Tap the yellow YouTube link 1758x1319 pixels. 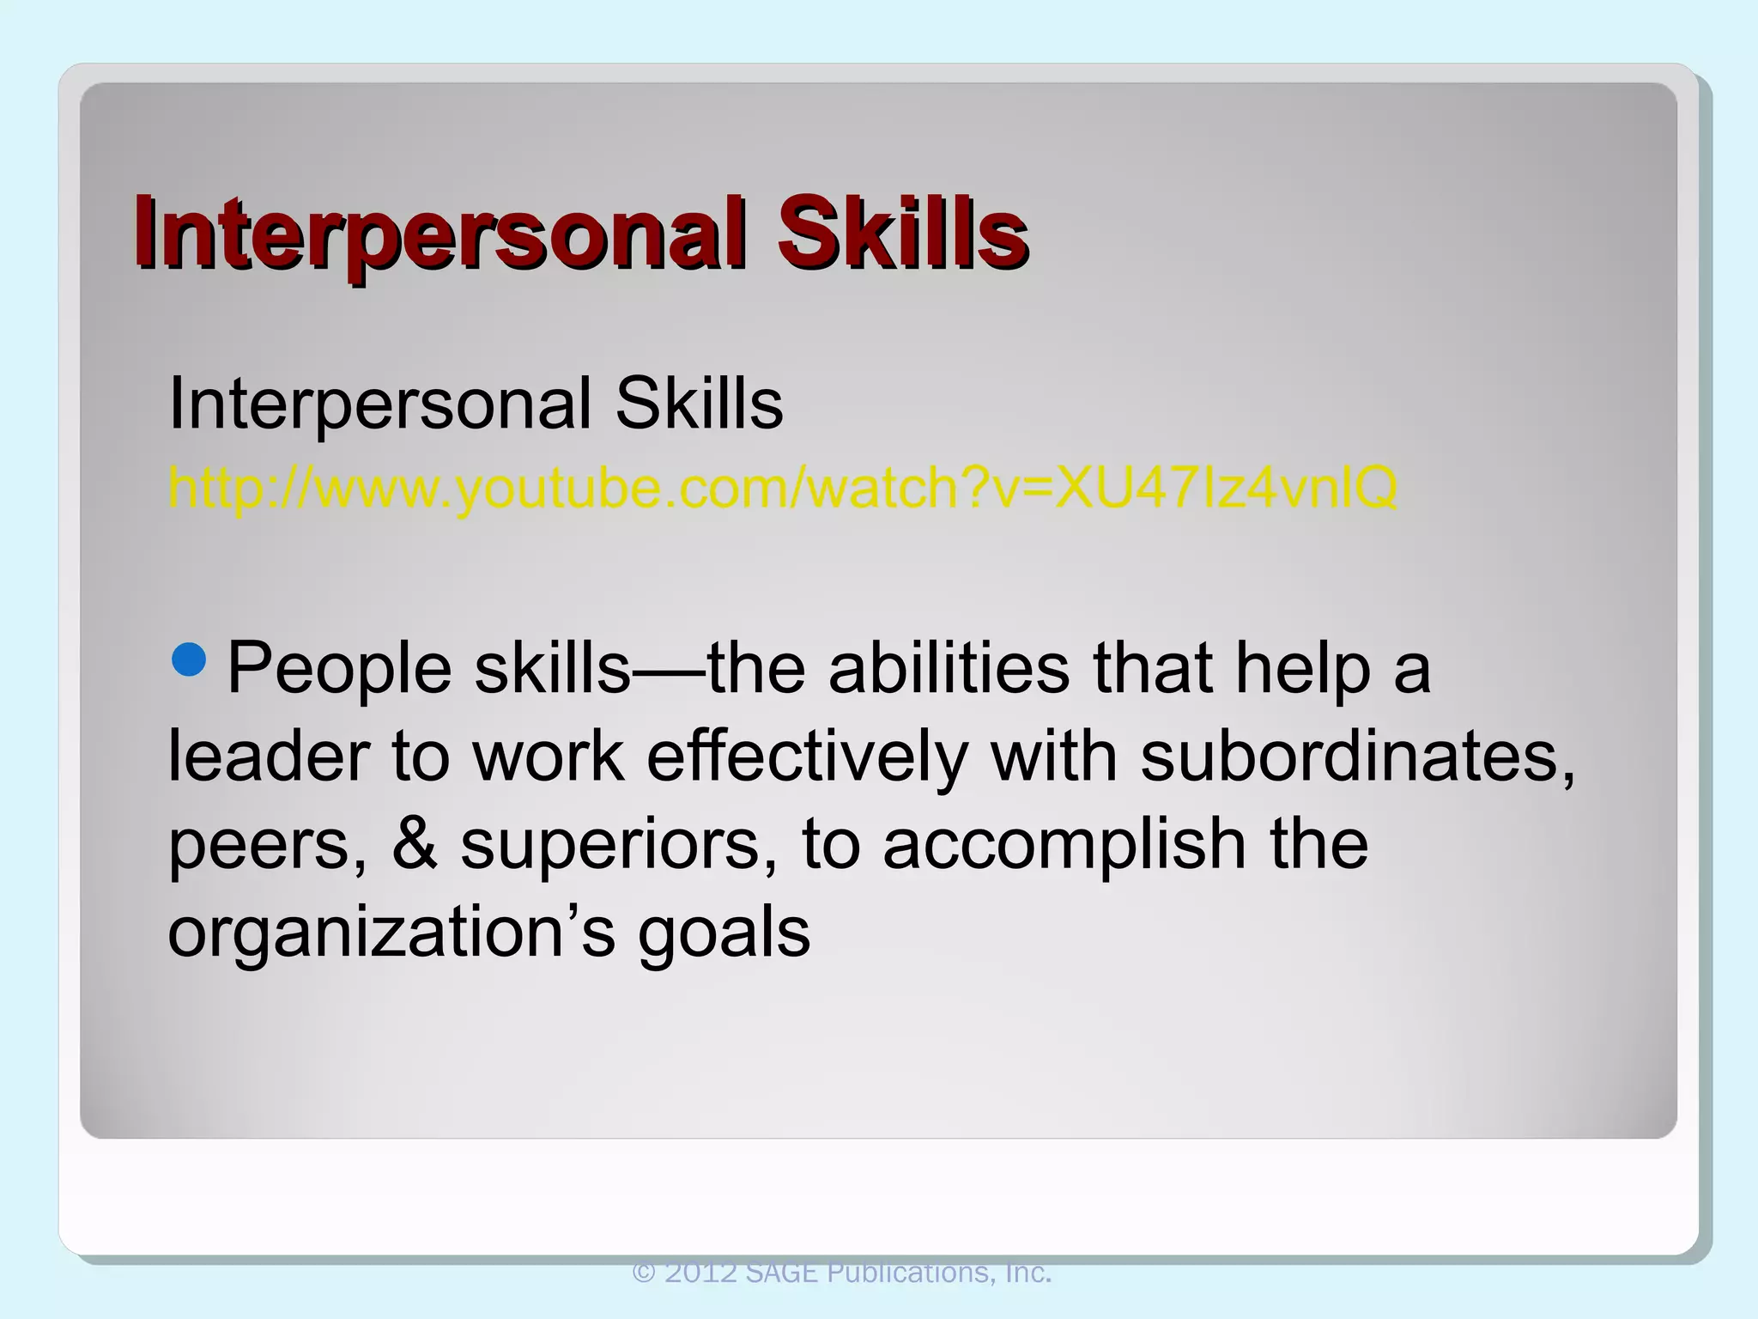tap(782, 489)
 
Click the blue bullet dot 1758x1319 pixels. tap(189, 658)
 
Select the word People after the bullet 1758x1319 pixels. tap(339, 670)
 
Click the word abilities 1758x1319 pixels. tap(949, 668)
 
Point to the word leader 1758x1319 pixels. tap(268, 757)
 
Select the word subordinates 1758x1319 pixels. tap(1356, 757)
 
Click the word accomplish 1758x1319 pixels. tap(1064, 845)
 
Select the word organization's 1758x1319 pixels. tap(391, 934)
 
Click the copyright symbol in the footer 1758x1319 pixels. tap(645, 1273)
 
